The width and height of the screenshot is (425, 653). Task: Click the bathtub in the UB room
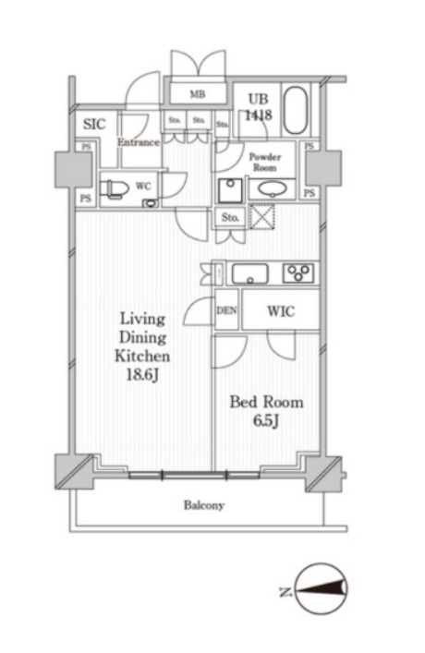(x=296, y=110)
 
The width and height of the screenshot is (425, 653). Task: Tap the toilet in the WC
(x=114, y=188)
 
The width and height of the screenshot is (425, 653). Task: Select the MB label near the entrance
(x=198, y=94)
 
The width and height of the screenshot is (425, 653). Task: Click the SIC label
(x=94, y=124)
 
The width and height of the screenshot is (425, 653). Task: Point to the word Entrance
(x=139, y=142)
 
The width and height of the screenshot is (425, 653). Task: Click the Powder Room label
(x=265, y=162)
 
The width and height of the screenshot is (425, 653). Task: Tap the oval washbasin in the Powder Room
(x=272, y=189)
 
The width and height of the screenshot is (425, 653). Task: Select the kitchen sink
(x=250, y=274)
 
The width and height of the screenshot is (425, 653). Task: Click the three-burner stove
(x=298, y=273)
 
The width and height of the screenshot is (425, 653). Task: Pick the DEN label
(x=226, y=310)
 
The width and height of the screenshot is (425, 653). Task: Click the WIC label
(x=281, y=311)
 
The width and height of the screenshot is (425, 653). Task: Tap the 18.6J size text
(x=142, y=375)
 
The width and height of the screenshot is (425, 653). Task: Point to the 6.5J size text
(x=266, y=421)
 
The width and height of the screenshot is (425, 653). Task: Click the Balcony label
(x=204, y=505)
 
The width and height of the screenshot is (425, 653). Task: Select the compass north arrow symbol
(x=322, y=588)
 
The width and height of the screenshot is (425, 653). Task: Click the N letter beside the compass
(x=285, y=591)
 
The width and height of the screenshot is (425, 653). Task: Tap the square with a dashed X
(x=261, y=216)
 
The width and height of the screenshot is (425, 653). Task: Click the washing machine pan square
(x=230, y=191)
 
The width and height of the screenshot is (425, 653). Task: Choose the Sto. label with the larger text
(x=230, y=217)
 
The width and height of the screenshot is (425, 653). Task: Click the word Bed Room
(x=267, y=403)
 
